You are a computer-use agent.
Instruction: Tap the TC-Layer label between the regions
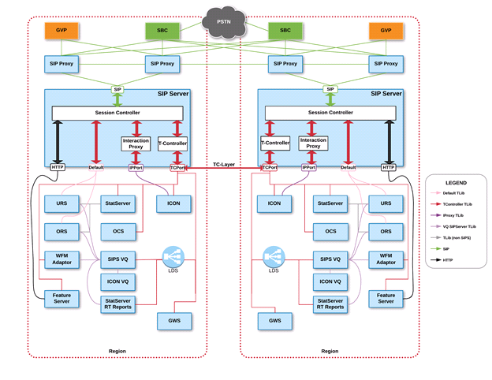[225, 163]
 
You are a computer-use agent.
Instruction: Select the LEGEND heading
[457, 181]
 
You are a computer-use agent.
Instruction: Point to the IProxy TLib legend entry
[456, 214]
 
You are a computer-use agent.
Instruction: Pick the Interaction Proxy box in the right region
[313, 143]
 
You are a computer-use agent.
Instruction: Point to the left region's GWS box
[173, 321]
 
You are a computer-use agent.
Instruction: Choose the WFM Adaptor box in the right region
[386, 259]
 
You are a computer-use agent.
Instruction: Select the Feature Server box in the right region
[386, 298]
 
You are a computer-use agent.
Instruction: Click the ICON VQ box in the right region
[330, 280]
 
